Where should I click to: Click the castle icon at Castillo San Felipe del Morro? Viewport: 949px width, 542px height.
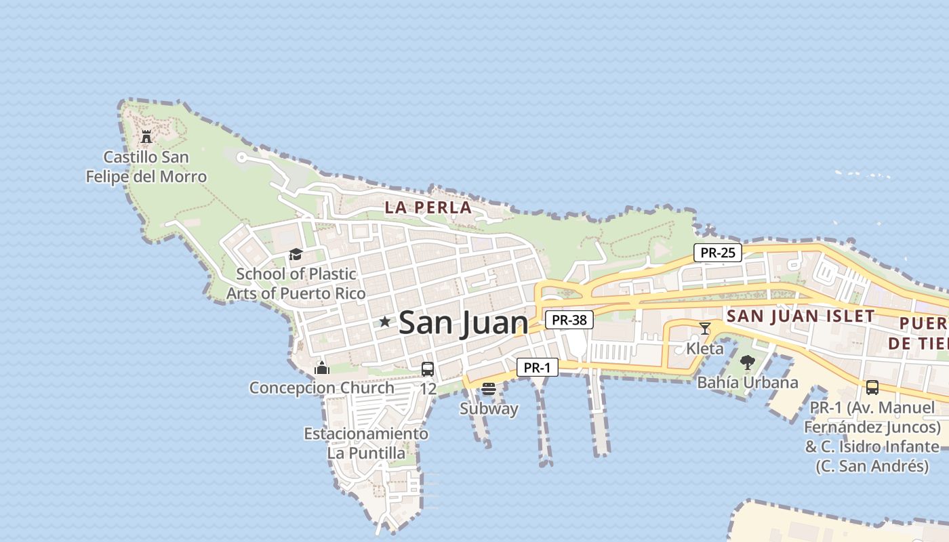coord(146,137)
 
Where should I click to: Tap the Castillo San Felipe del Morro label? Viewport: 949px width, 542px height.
coord(146,167)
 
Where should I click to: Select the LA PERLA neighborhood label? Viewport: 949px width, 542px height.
coord(428,208)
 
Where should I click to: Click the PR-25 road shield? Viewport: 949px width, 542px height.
coord(718,253)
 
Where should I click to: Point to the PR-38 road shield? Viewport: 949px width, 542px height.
coord(569,320)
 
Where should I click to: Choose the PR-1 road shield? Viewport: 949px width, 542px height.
coord(537,368)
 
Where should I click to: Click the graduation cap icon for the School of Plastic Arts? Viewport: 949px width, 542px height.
coord(296,255)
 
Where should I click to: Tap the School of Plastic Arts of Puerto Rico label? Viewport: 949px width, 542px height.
coord(296,284)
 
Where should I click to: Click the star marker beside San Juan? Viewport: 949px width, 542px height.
coord(385,322)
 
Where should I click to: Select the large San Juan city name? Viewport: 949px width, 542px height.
coord(464,322)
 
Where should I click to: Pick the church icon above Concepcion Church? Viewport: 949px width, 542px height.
coord(322,369)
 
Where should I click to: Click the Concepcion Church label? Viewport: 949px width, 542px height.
coord(322,388)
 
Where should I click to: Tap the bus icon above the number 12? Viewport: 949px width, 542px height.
coord(428,369)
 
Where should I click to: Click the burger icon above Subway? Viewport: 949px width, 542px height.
coord(489,389)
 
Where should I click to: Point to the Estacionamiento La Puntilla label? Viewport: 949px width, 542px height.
coord(366,443)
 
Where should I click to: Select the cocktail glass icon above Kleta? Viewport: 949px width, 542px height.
coord(705,329)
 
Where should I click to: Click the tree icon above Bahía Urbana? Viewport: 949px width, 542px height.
coord(748,362)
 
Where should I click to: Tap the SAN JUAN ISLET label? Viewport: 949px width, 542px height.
coord(801,316)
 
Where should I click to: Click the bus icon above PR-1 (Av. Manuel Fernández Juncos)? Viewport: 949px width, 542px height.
coord(872,388)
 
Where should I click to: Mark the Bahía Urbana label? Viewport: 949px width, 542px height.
coord(748,383)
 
